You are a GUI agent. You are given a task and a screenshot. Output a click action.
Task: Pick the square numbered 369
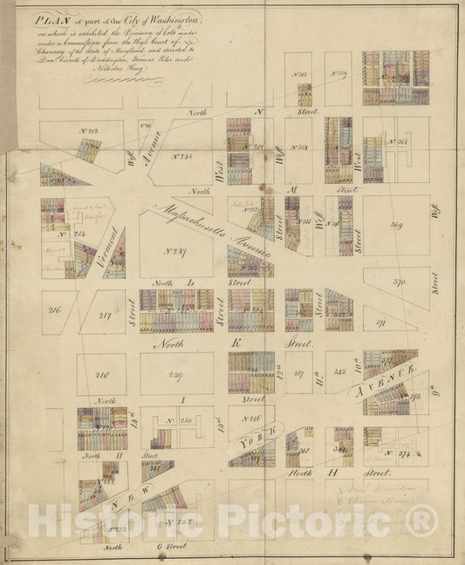[x=396, y=227]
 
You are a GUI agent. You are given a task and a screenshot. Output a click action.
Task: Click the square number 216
[x=54, y=310]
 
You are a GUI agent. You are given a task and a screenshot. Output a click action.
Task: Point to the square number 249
[x=174, y=376]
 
